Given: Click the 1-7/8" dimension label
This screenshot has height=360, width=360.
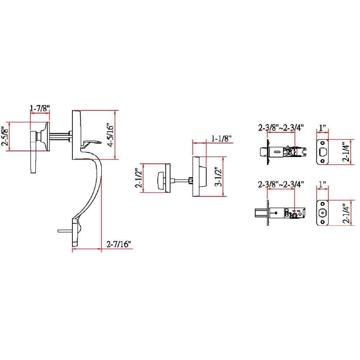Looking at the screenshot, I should point(40,107).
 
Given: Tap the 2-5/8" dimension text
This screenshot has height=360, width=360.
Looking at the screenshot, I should point(5,136).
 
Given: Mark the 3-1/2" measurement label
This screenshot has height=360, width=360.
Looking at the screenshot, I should point(217,177).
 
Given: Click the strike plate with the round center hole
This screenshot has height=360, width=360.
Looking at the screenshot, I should point(323,213).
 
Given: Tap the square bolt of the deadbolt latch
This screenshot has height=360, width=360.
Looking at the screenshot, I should point(260,213).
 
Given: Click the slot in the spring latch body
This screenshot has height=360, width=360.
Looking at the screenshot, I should point(276,152).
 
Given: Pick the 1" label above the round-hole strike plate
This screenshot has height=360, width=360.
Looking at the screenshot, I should point(323,184).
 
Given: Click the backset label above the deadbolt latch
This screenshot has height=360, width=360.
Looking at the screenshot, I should point(281,184).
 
